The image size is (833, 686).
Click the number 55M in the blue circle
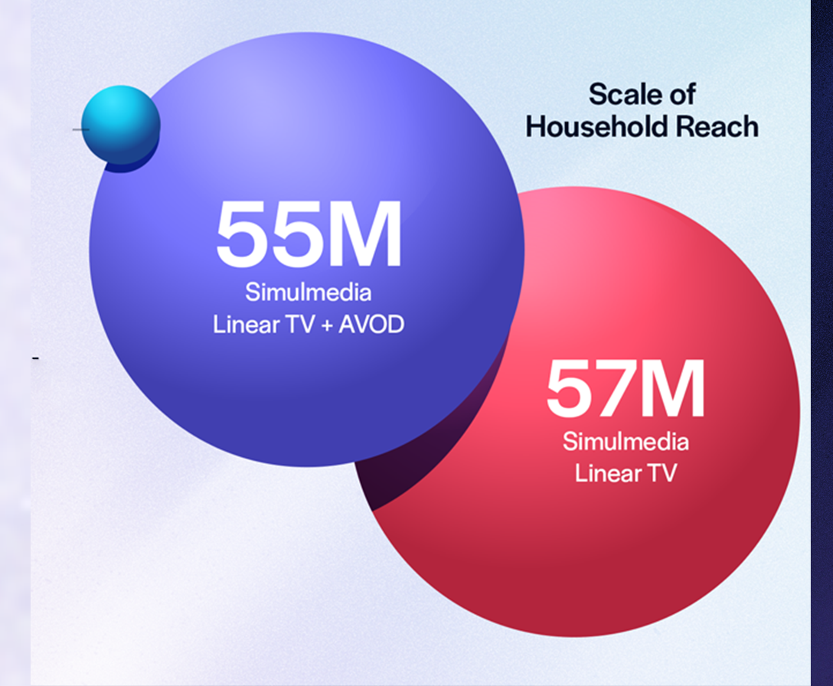pos(309,234)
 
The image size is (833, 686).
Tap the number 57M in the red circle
pos(625,390)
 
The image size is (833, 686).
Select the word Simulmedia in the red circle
pos(626,442)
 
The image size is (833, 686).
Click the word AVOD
pos(372,324)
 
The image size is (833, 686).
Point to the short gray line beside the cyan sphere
pos(80,129)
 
